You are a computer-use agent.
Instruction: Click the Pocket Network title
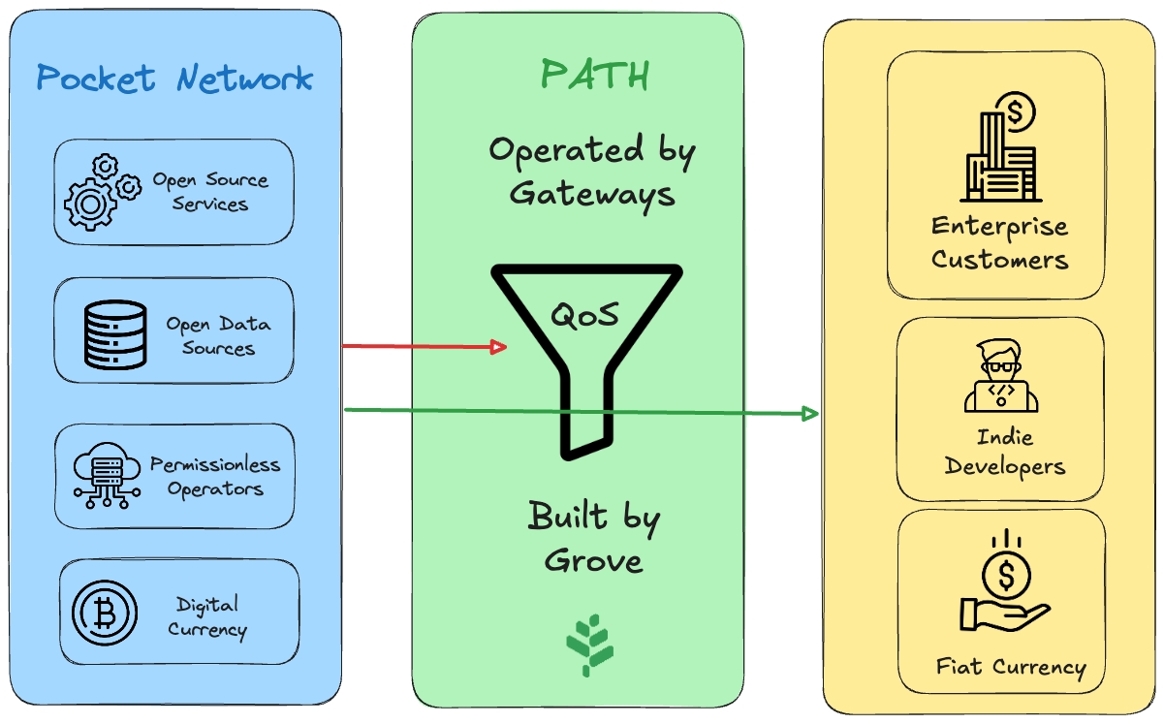[x=174, y=78]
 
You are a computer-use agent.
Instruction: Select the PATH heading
[x=594, y=76]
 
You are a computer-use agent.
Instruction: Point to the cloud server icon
[x=108, y=476]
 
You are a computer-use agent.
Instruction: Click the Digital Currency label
[x=207, y=617]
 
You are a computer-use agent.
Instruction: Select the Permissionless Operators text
[x=215, y=476]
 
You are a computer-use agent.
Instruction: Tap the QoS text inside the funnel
[x=585, y=315]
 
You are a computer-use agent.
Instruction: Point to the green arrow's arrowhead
[x=809, y=414]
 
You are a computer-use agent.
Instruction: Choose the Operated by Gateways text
[x=592, y=172]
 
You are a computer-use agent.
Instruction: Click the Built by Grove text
[x=593, y=536]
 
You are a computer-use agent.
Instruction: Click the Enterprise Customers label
[x=1000, y=243]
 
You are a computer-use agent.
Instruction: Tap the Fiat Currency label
[x=1011, y=667]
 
